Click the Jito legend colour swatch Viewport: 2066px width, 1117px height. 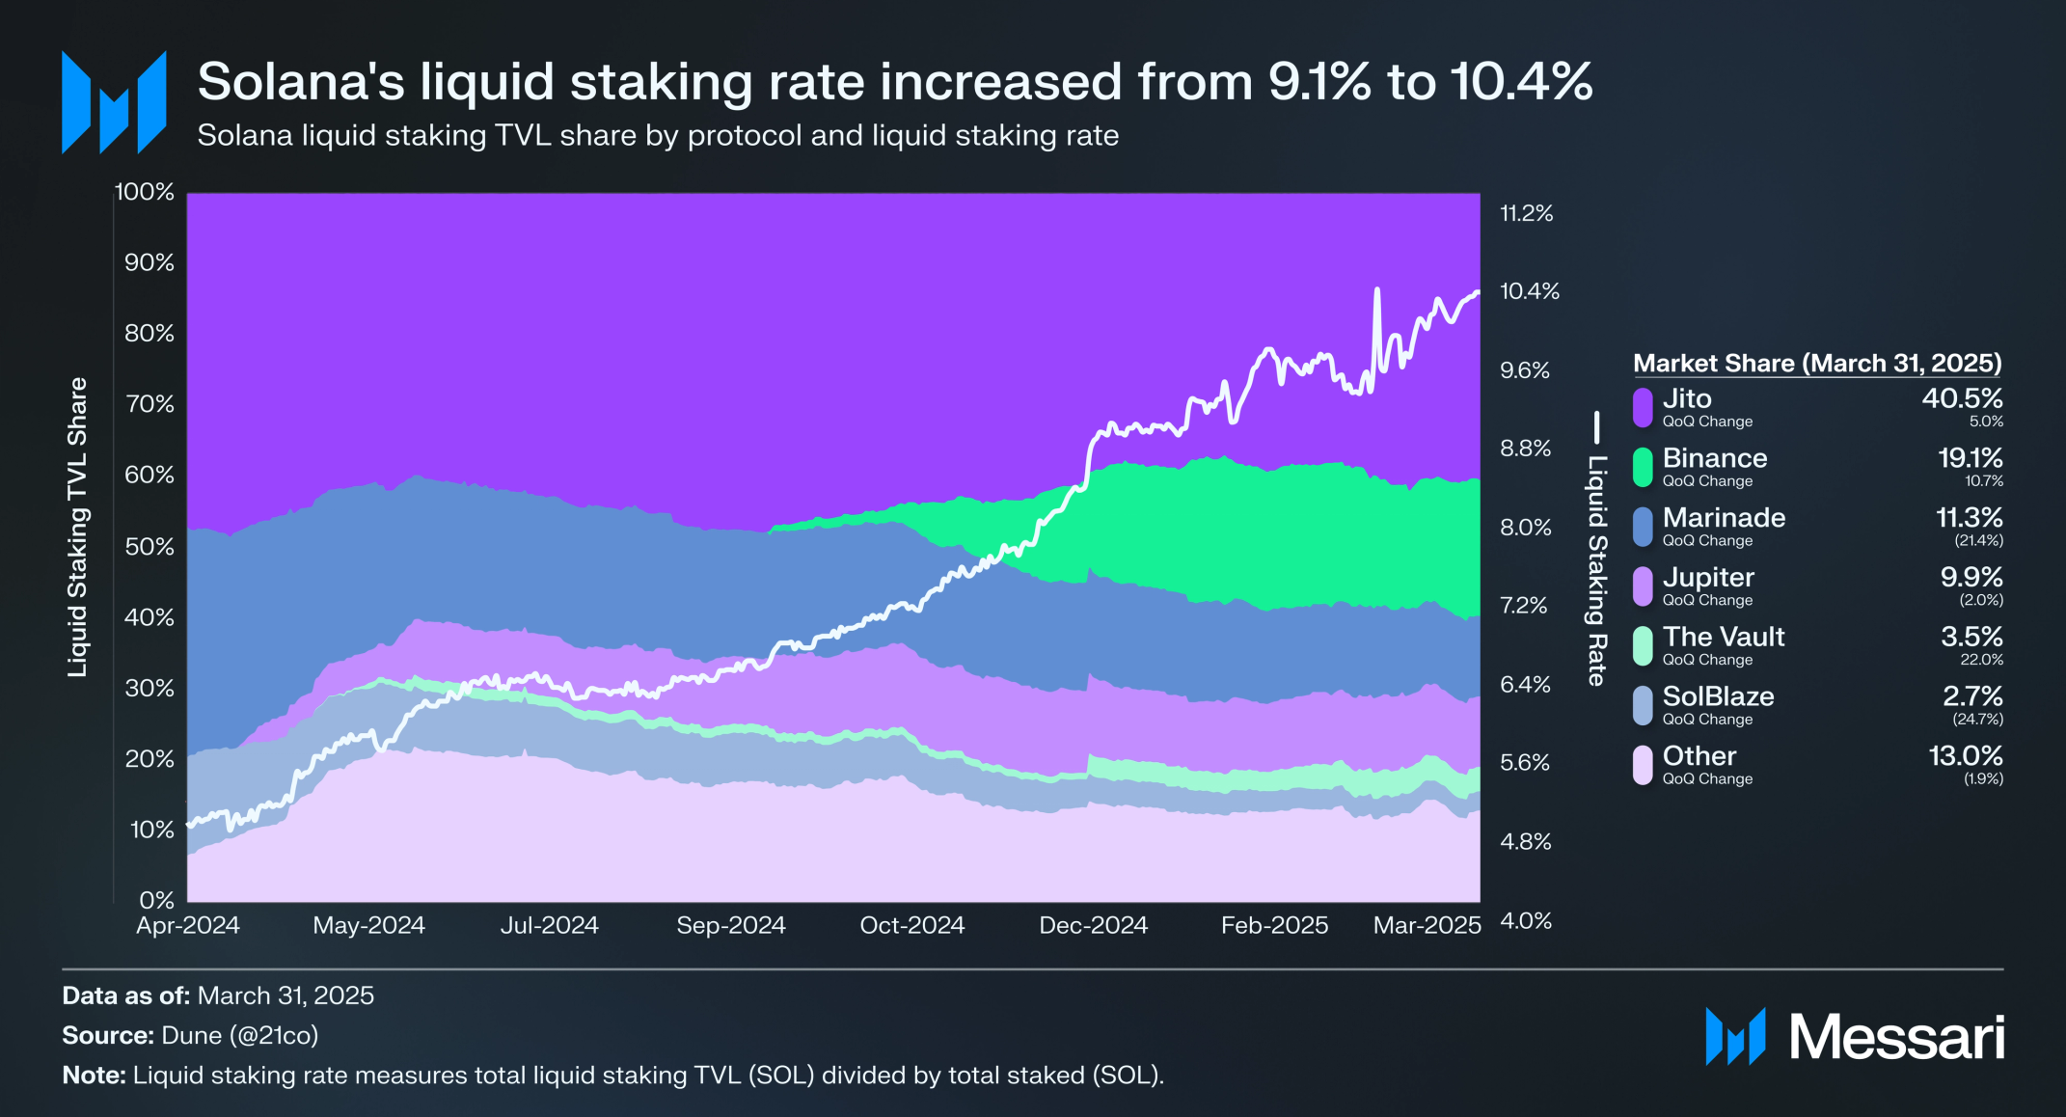[x=1643, y=407]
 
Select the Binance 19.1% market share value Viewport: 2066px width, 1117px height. [x=1970, y=458]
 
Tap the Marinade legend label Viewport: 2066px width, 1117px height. [x=1724, y=518]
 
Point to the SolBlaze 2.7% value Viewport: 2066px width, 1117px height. [x=1972, y=696]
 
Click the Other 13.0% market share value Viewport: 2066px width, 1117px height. [x=1966, y=756]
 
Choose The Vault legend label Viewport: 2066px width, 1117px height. [x=1724, y=638]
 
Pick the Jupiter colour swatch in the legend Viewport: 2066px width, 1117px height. [x=1643, y=586]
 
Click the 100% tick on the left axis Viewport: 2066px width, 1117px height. [x=145, y=192]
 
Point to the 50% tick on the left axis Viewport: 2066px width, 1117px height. [x=150, y=547]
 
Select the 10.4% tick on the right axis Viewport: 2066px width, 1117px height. [x=1529, y=291]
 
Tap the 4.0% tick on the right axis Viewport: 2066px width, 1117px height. [x=1525, y=921]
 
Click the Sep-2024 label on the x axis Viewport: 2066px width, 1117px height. [x=731, y=926]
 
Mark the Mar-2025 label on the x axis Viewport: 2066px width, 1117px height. [x=1427, y=926]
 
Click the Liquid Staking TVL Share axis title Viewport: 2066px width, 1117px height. [x=77, y=527]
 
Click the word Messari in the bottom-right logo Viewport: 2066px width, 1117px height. [x=1896, y=1038]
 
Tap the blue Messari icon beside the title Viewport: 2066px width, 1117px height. [x=114, y=102]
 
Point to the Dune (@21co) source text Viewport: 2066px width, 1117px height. [x=239, y=1036]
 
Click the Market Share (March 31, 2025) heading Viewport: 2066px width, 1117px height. [x=1817, y=364]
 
